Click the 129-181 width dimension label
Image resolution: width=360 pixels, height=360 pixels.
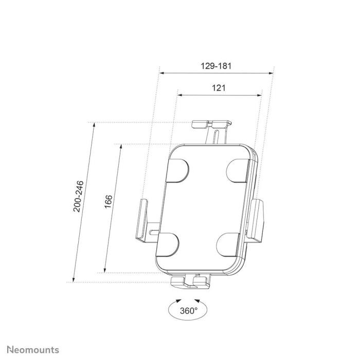click(x=216, y=66)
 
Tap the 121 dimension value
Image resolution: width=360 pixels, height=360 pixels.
click(x=219, y=88)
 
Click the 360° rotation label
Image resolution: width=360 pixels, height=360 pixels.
click(x=189, y=310)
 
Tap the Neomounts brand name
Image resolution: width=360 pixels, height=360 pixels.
click(x=33, y=350)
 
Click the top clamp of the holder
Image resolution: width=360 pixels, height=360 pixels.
click(x=211, y=124)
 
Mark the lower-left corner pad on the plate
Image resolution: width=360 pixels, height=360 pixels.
click(x=167, y=243)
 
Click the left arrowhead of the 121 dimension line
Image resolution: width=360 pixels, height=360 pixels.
click(x=180, y=95)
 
